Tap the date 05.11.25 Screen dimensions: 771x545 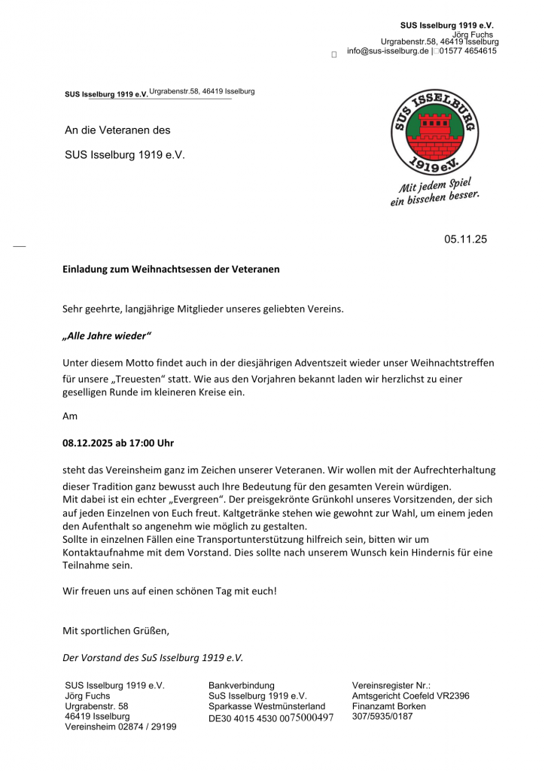pyautogui.click(x=465, y=240)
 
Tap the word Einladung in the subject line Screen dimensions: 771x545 pyautogui.click(x=85, y=269)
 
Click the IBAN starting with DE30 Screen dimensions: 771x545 pyautogui.click(x=270, y=718)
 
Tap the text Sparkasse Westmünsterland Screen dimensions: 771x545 pyautogui.click(x=266, y=706)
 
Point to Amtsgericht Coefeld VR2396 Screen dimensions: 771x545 pyautogui.click(x=410, y=696)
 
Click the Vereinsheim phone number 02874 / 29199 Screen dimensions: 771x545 pyautogui.click(x=148, y=727)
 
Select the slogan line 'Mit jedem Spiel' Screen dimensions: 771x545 pyautogui.click(x=435, y=184)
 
